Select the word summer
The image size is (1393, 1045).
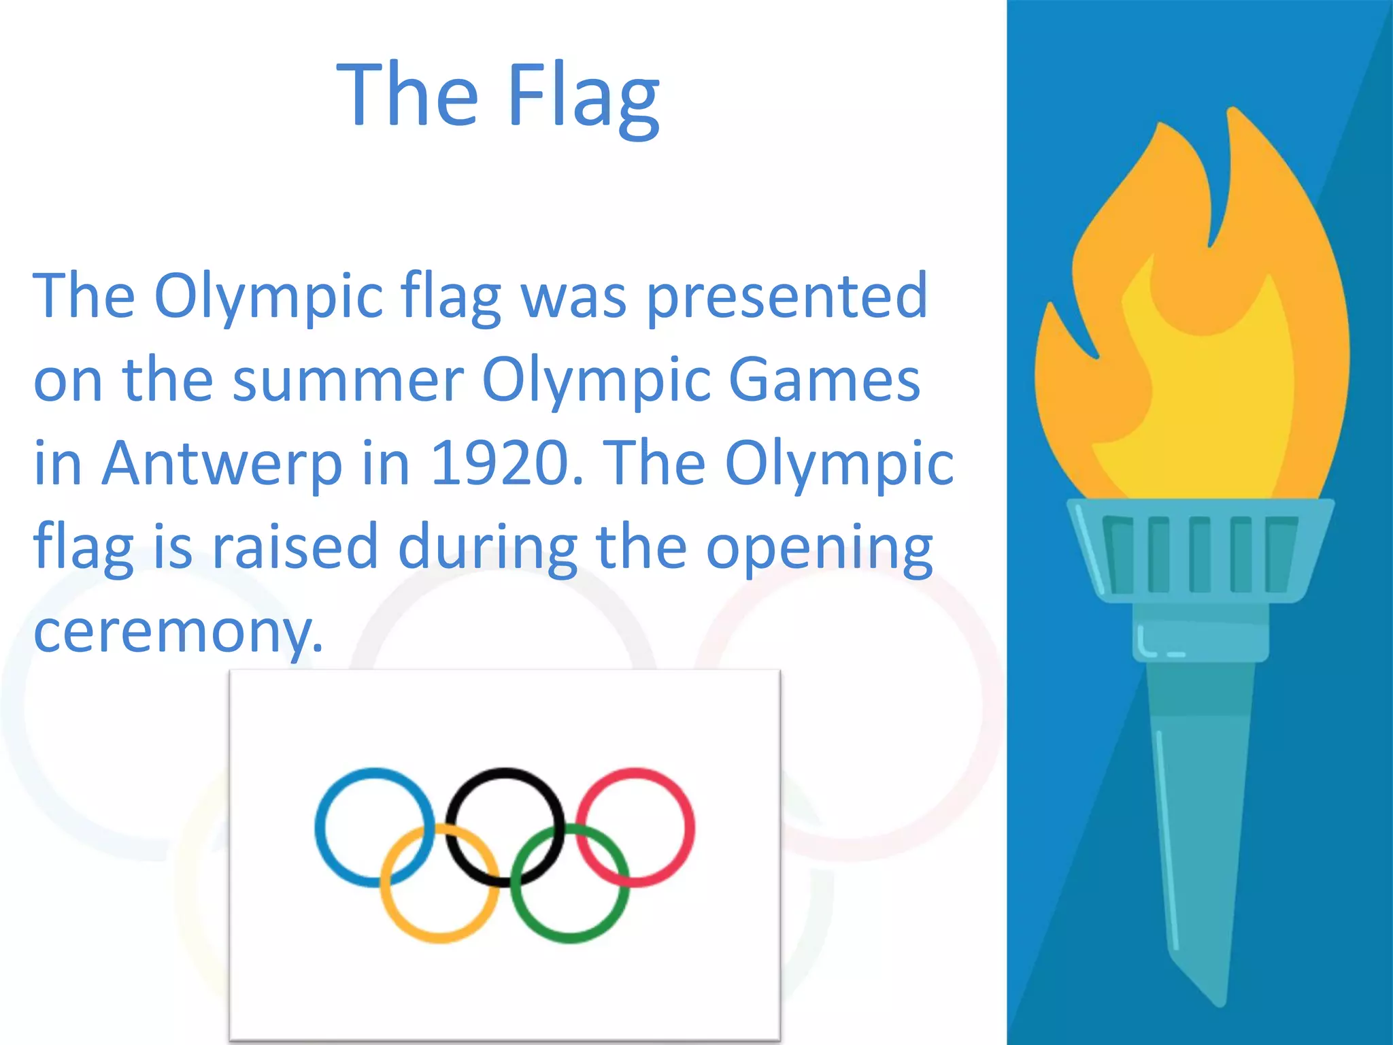tap(348, 380)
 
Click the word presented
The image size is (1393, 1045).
tap(786, 297)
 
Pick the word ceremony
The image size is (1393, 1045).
tap(178, 631)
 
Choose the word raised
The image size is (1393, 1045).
tap(295, 546)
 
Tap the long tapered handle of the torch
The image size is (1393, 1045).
tap(1199, 816)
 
